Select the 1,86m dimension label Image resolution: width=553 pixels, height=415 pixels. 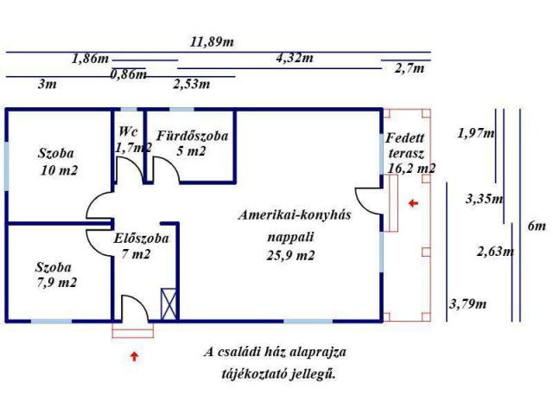coord(90,59)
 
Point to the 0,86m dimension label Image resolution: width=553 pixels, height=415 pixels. coord(129,74)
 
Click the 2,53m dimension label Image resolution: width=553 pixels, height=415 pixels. coord(192,84)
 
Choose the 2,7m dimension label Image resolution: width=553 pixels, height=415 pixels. coord(409,68)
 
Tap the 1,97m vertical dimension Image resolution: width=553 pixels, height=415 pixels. coord(476,133)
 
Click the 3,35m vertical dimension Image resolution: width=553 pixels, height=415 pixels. coord(484,199)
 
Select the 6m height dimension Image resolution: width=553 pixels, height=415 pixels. coord(537,227)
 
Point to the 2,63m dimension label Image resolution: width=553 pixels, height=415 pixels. coord(495,252)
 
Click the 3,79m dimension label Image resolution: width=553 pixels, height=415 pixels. coord(467,303)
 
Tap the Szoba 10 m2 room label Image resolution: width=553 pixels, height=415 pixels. coord(58,162)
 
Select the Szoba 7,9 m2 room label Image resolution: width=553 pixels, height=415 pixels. coord(56,275)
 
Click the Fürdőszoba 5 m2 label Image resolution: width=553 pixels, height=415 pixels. coord(192,143)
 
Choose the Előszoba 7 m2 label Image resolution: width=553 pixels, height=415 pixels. coord(141,246)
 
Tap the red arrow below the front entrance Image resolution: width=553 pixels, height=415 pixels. coord(133,354)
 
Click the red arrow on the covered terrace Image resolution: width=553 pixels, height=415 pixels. coord(413,203)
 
